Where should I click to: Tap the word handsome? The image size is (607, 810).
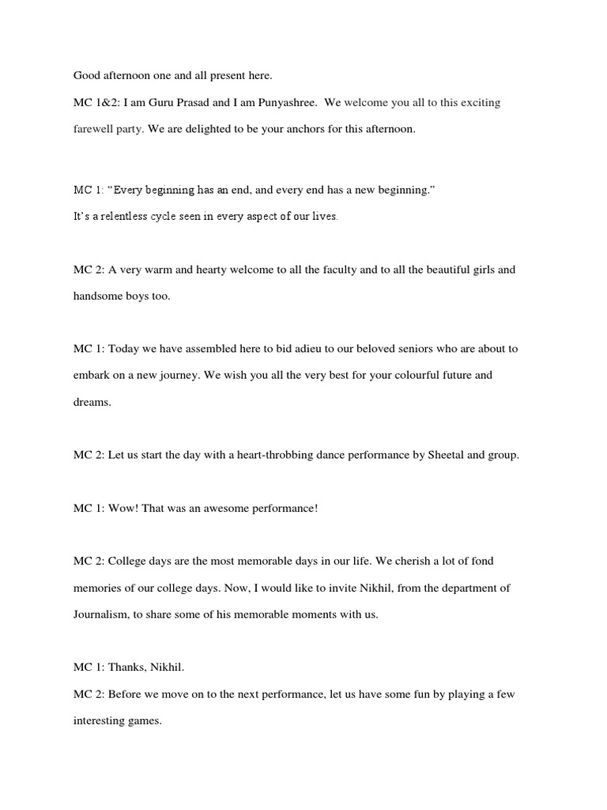point(101,296)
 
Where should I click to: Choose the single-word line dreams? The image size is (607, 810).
point(92,402)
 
